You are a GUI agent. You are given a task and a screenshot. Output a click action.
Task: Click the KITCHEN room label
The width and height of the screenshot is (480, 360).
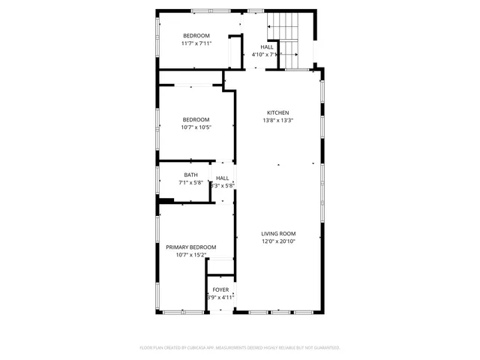point(277,112)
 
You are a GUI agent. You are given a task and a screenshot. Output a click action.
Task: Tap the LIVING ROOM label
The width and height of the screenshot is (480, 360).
point(278,233)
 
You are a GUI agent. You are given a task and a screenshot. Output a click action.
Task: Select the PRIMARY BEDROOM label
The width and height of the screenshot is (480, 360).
point(191,247)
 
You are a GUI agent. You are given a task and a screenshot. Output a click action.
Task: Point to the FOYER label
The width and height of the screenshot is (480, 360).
point(220,289)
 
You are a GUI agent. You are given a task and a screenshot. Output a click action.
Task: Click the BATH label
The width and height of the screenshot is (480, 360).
point(190,175)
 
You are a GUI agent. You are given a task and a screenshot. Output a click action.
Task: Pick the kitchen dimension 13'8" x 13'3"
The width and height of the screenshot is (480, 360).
point(277,120)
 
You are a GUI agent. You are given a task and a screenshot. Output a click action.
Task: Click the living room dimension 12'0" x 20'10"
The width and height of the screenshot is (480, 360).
point(278,241)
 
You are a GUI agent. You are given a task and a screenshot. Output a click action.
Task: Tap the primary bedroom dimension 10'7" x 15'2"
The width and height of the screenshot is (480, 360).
point(191,255)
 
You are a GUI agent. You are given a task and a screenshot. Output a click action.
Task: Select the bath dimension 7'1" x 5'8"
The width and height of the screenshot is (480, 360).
point(190,183)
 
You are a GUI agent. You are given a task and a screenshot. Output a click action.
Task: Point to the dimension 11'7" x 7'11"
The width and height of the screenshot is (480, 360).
point(196,43)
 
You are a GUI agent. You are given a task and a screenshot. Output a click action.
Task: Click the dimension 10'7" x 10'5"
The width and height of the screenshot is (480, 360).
point(196,127)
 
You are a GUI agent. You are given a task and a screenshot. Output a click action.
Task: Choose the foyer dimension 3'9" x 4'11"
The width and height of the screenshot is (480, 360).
point(220,297)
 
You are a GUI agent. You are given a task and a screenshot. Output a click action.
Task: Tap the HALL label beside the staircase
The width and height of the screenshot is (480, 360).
point(267,47)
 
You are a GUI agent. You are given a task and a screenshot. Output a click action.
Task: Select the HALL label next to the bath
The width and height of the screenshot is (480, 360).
point(222,178)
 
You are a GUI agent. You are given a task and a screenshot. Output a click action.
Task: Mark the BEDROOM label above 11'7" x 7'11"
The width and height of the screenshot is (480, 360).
point(196,36)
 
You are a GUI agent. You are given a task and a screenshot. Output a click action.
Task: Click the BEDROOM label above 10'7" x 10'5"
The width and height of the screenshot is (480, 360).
point(196,120)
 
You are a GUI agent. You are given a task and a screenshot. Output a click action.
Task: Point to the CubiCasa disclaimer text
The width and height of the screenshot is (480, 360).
point(240,347)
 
